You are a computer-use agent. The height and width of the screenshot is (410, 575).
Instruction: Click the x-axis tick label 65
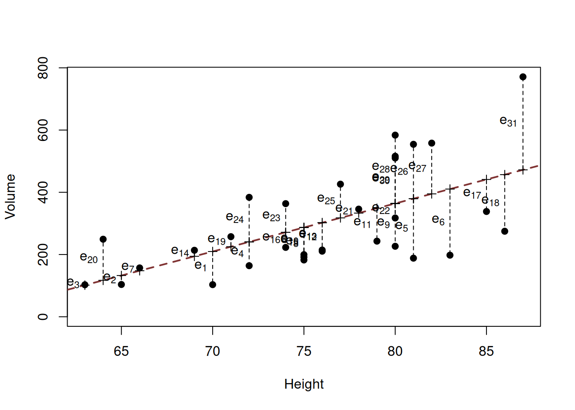point(121,351)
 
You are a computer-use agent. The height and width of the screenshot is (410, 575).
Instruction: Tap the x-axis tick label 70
point(213,351)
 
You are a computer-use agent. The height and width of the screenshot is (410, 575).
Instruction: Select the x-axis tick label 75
point(304,351)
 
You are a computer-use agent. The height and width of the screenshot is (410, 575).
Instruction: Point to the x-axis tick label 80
point(395,351)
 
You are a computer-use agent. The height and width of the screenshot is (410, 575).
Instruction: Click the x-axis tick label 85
point(486,351)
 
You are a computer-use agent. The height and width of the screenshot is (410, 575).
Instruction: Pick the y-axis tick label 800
point(43,68)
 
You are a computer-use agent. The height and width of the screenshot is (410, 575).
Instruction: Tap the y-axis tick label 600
point(43,130)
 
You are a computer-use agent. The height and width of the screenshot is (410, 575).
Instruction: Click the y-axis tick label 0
point(43,316)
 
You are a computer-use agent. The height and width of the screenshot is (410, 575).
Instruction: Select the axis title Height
point(304,384)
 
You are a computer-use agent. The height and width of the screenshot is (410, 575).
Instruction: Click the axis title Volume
point(10,196)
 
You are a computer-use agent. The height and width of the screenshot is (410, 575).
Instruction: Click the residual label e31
point(508,121)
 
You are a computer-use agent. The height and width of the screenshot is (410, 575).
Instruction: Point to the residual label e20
point(89,258)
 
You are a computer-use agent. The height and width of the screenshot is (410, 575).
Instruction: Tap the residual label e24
point(235,218)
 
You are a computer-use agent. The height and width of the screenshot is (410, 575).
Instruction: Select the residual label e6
point(438,220)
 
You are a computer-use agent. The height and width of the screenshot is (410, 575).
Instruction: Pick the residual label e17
point(472,193)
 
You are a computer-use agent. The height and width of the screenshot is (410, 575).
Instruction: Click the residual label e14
point(180,251)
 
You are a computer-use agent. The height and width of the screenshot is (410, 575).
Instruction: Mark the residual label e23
point(271,216)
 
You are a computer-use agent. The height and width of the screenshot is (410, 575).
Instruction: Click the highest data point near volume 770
point(523,77)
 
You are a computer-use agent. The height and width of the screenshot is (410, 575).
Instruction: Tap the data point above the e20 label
point(103,239)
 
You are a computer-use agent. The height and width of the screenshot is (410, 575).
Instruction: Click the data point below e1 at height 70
point(213,284)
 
